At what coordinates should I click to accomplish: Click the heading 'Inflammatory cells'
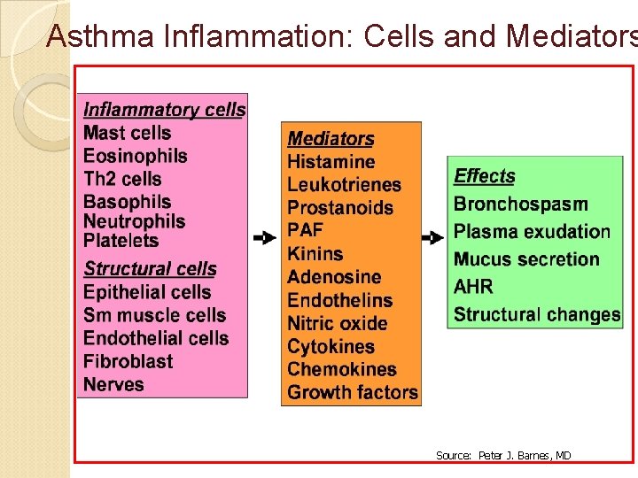pyautogui.click(x=164, y=110)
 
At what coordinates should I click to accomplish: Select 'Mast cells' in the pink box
pyautogui.click(x=127, y=133)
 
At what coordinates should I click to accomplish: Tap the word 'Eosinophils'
pyautogui.click(x=136, y=156)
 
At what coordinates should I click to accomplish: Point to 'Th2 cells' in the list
pyautogui.click(x=122, y=179)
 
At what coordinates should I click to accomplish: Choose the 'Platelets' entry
pyautogui.click(x=121, y=240)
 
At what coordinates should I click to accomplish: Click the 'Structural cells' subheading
pyautogui.click(x=150, y=269)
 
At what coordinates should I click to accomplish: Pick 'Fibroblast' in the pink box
pyautogui.click(x=128, y=361)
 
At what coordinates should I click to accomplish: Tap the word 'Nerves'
pyautogui.click(x=113, y=384)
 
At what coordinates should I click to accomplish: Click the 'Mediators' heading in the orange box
pyautogui.click(x=331, y=139)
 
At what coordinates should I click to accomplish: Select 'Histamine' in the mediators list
pyautogui.click(x=331, y=162)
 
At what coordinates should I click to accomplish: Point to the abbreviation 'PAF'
pyautogui.click(x=305, y=231)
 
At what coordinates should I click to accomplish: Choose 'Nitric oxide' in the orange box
pyautogui.click(x=338, y=323)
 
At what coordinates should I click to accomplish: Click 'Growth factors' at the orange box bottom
pyautogui.click(x=353, y=392)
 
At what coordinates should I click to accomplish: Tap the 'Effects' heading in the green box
pyautogui.click(x=484, y=176)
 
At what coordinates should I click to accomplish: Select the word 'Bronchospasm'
pyautogui.click(x=521, y=204)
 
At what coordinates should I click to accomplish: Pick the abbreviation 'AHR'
pyautogui.click(x=473, y=287)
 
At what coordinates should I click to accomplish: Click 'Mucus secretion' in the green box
pyautogui.click(x=526, y=259)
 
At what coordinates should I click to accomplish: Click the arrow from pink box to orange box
pyautogui.click(x=264, y=238)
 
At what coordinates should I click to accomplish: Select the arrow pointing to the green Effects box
pyautogui.click(x=432, y=238)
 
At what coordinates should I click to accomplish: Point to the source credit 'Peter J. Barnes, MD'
pyautogui.click(x=525, y=456)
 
